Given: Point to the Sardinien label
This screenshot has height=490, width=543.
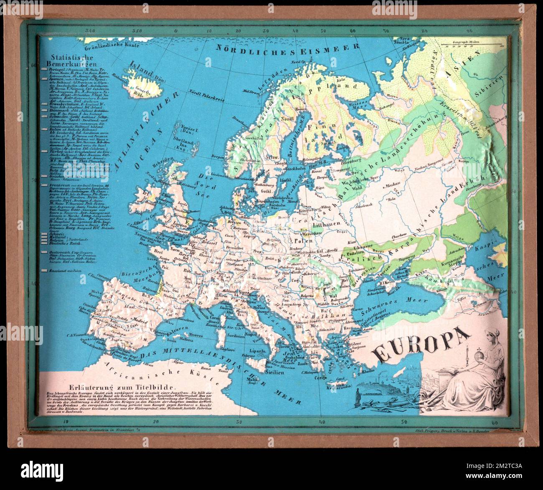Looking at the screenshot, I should click(x=236, y=335).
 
